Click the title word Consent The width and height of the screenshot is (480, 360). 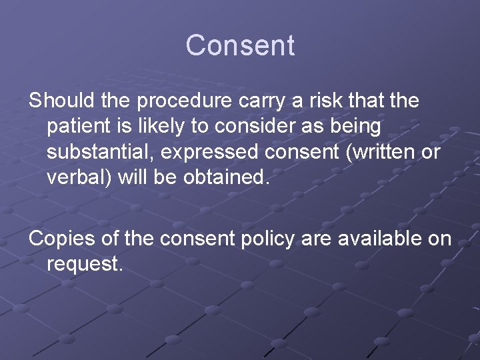240,45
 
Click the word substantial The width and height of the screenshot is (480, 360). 101,152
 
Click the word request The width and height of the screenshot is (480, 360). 85,265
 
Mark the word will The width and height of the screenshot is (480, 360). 144,177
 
